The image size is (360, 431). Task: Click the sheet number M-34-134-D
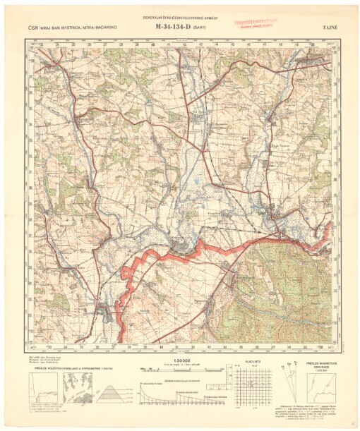(176, 28)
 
